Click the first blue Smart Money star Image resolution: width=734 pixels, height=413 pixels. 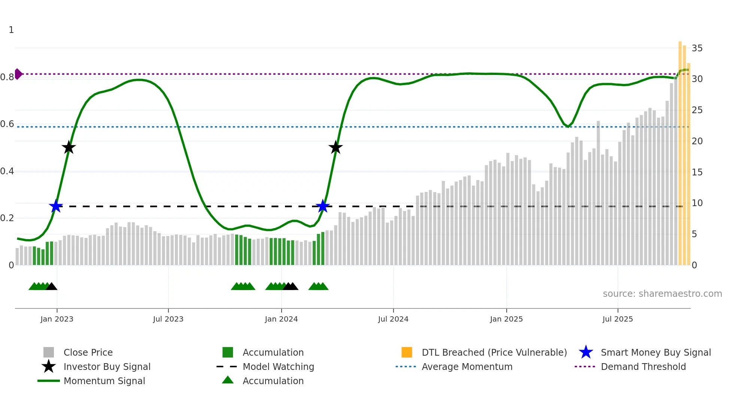pos(56,206)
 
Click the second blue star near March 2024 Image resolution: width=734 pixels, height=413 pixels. pos(322,206)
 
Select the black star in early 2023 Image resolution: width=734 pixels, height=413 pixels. pos(69,147)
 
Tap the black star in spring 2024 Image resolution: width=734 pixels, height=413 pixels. pos(336,147)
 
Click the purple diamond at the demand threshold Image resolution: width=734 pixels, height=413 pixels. pos(18,74)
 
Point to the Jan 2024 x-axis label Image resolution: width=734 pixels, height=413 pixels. pos(281,319)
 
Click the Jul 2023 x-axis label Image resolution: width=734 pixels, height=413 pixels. pos(168,319)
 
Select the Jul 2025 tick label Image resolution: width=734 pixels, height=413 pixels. pos(618,319)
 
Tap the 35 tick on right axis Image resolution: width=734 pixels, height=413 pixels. pos(697,48)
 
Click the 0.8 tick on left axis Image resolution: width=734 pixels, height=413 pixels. pos(7,77)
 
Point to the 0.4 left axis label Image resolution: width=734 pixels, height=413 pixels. pos(7,171)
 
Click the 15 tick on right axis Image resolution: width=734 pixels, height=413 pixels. pos(697,172)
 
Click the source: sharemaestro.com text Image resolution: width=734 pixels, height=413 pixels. pos(662,294)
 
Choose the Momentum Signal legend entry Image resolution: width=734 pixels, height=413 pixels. pos(104,381)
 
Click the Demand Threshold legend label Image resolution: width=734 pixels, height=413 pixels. pos(643,367)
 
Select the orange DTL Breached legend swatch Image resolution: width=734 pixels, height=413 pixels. pos(407,352)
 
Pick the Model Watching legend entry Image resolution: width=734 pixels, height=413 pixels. pos(278,367)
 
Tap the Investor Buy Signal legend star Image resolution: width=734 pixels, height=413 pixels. pos(49,367)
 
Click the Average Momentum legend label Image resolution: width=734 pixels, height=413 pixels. pos(467,367)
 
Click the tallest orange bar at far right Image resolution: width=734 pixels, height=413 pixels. pos(680,150)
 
